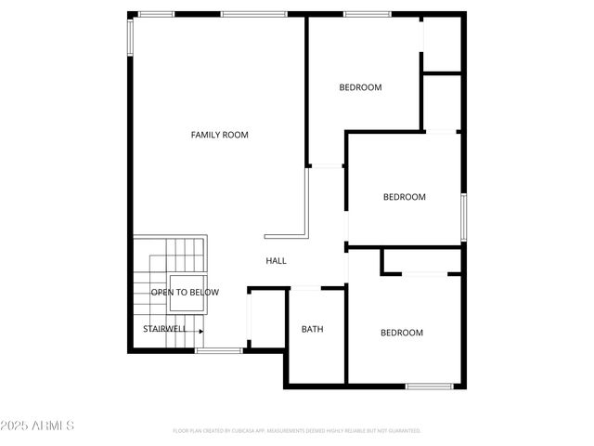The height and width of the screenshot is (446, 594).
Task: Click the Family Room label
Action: coord(220,136)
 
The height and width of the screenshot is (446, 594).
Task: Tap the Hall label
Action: coord(276,261)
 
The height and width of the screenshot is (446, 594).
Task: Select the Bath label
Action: coord(312,329)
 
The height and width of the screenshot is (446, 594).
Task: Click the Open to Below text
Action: coord(186,293)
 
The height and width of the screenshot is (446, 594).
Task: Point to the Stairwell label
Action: coord(164,329)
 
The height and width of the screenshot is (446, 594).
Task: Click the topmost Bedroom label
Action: coord(360,88)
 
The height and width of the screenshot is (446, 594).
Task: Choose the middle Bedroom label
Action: coord(405,197)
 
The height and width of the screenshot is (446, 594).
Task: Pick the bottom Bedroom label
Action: coord(402,333)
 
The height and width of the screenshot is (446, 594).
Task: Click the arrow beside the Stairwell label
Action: coord(199,329)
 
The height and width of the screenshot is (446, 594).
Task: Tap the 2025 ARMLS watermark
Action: coord(37,426)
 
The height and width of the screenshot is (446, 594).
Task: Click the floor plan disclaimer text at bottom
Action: coord(297,431)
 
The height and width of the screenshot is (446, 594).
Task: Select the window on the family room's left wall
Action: coord(130,37)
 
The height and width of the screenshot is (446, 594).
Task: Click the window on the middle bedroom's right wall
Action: coord(463,217)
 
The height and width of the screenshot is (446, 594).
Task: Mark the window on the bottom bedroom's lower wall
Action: coord(430,386)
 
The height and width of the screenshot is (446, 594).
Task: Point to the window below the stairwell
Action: coord(219,350)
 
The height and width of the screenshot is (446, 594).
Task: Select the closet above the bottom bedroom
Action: coord(422,260)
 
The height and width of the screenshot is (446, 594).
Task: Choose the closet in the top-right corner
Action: coord(443,43)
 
